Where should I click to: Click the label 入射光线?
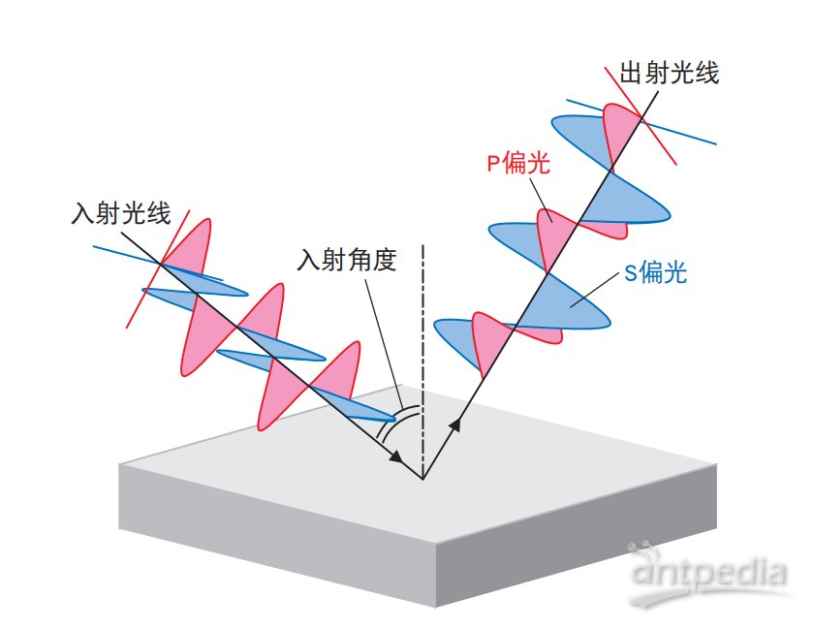121,213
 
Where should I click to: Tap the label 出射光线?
670,72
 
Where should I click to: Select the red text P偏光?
518,163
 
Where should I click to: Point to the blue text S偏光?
656,272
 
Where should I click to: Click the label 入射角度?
347,259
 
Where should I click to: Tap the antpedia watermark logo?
708,573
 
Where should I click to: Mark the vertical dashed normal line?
423,361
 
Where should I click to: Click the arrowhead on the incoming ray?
396,456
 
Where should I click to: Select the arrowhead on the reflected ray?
455,424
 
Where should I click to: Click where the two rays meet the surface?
423,478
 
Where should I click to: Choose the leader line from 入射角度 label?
384,345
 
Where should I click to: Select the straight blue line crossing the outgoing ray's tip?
641,122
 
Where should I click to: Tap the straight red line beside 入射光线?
158,268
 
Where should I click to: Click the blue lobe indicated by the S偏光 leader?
576,302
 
